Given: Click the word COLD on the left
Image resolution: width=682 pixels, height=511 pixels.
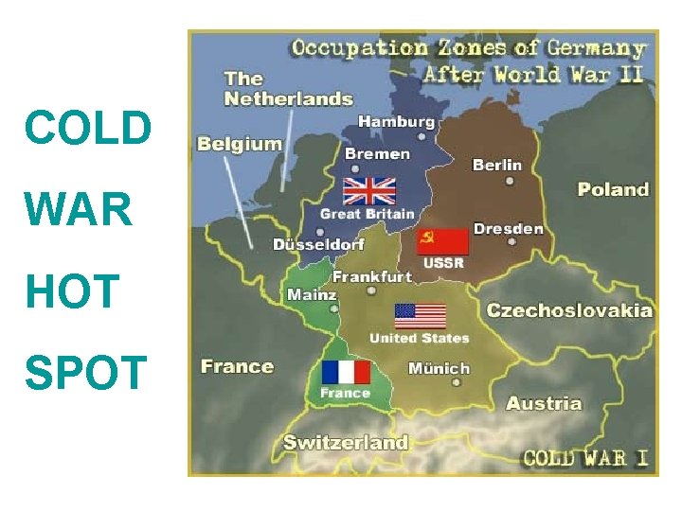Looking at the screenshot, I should point(88,129).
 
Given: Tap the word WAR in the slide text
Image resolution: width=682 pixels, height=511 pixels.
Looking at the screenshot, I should point(80,210).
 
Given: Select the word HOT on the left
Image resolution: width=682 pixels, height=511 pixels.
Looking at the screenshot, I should point(74,291).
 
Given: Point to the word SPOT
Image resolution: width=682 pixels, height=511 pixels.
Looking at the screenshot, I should point(86,372).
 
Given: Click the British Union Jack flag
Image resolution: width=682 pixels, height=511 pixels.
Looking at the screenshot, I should point(369,191).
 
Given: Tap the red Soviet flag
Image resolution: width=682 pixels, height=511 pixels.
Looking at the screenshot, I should point(442,242).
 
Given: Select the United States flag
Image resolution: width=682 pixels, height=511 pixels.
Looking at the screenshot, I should point(420,315).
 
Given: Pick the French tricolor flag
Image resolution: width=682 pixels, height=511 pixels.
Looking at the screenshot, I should point(346,372).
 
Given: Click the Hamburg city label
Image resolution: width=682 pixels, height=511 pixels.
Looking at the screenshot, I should point(396,121).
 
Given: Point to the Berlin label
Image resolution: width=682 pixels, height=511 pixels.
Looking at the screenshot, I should point(497,165).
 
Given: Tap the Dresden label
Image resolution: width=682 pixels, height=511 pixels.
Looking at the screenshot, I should point(509,228).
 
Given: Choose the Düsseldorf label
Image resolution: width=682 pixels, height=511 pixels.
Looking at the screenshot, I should point(318,244).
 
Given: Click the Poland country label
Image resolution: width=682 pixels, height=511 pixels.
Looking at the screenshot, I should point(613,189).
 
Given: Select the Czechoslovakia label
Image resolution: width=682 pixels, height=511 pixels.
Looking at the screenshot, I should point(569,309).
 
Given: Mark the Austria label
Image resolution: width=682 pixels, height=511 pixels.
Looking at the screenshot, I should point(544,403).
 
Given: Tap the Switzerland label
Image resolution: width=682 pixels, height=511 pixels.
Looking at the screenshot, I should point(346,442).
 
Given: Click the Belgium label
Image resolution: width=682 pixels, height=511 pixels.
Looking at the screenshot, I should point(240,144).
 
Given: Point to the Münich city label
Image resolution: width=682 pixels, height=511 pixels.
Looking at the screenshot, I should point(439,368).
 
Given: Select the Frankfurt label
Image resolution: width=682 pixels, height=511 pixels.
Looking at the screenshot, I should point(371,276).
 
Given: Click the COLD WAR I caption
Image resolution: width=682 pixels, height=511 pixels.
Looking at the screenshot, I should point(585,459).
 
